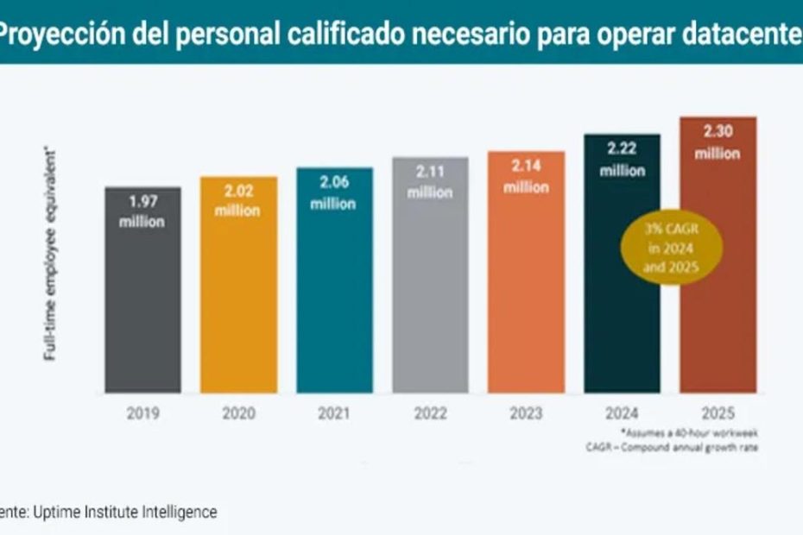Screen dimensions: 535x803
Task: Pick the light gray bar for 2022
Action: pos(430,293)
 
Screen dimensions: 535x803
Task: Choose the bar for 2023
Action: pos(526,293)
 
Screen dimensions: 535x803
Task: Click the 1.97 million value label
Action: pos(143,211)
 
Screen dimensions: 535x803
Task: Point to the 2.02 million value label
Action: pos(239,201)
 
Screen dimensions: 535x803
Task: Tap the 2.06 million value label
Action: pos(334,192)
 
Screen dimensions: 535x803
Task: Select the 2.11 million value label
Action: pos(430,182)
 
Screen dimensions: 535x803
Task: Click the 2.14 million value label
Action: pos(526,176)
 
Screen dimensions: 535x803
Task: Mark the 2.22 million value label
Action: pos(622,159)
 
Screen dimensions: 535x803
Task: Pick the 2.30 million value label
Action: pos(718,142)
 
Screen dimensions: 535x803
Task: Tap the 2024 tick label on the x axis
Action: pos(622,413)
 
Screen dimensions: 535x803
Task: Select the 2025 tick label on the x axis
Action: pos(718,413)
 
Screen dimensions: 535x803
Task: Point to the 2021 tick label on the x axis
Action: pos(334,413)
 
